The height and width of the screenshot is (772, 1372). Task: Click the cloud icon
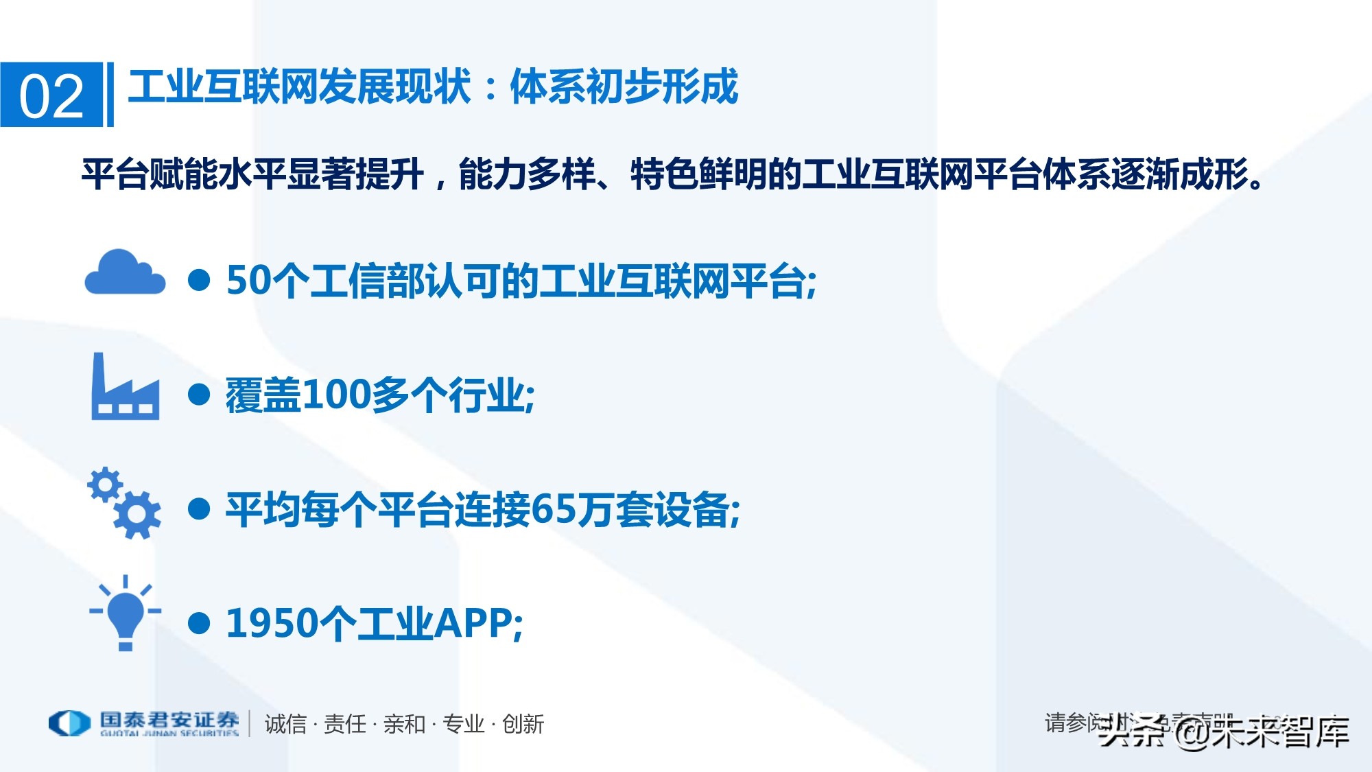click(x=124, y=273)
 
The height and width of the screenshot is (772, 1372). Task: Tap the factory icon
click(x=125, y=388)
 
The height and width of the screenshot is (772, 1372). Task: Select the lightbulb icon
click(x=126, y=613)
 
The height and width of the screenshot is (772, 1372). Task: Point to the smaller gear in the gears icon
click(x=105, y=484)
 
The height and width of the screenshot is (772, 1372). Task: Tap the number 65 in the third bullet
click(x=554, y=510)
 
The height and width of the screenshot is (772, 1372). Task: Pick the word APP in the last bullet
click(x=473, y=624)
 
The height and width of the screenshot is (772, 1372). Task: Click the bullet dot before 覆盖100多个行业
click(x=199, y=395)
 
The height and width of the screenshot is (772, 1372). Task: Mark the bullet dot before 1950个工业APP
click(x=199, y=623)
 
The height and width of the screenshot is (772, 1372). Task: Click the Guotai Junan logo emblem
click(x=69, y=723)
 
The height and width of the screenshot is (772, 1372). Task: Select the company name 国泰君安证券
click(x=169, y=720)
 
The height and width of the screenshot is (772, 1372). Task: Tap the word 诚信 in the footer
click(x=285, y=724)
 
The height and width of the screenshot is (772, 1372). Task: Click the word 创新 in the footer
click(x=523, y=724)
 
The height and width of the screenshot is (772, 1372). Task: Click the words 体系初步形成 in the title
click(x=624, y=87)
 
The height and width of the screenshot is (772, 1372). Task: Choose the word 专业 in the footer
click(x=463, y=724)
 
